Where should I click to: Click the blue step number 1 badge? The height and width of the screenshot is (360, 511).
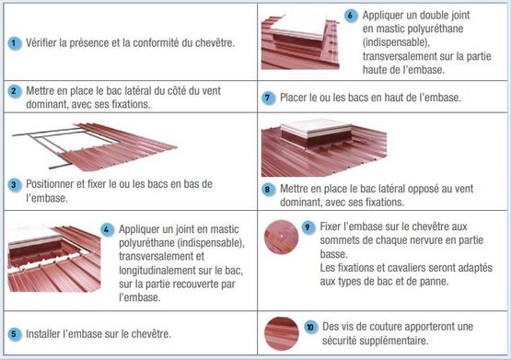coord(14,43)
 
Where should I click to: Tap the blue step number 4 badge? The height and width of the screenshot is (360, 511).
coord(107,229)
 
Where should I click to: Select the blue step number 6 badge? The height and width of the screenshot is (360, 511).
coord(351,16)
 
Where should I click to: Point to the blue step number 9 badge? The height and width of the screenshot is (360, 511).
coord(308,227)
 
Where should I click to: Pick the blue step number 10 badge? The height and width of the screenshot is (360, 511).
coord(310,327)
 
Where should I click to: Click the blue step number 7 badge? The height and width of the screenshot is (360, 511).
coord(268,98)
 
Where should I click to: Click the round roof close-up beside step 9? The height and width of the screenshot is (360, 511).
coord(281,238)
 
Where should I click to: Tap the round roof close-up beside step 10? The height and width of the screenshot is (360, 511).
coord(281,334)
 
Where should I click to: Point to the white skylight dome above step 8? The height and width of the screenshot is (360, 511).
coord(316,127)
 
